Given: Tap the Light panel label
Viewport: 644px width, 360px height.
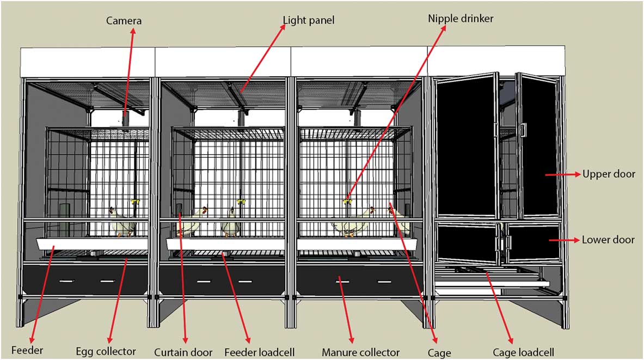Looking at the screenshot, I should (308, 21).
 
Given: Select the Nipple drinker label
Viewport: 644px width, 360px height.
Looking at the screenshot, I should (461, 19).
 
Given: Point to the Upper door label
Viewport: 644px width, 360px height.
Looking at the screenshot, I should (609, 174).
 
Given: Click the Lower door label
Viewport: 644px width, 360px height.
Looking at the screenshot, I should (608, 240).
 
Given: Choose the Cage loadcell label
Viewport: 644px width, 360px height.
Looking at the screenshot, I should (523, 352).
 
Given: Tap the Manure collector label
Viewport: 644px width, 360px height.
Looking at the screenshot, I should (360, 352).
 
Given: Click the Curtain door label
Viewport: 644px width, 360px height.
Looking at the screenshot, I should (183, 352).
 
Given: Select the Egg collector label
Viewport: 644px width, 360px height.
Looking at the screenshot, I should (106, 351).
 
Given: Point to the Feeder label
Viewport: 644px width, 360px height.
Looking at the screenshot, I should (26, 350).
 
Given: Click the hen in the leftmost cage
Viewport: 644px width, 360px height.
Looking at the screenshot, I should (119, 222).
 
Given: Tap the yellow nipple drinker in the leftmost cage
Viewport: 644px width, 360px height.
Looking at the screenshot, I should (134, 203).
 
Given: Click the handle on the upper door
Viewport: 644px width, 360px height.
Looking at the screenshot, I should (523, 130).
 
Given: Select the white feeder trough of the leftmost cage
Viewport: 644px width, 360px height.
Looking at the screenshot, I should (93, 244).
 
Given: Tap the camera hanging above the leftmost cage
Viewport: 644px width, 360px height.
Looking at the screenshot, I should (125, 120).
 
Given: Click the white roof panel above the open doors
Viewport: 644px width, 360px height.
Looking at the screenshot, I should (495, 60).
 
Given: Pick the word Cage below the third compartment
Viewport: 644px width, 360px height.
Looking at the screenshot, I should (439, 352).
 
